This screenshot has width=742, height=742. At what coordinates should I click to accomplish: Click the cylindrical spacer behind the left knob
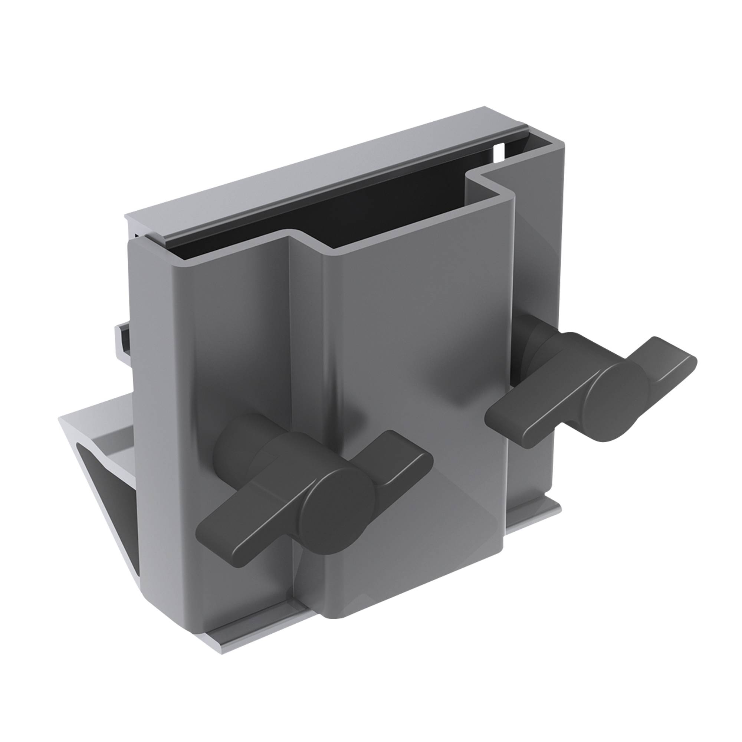(234, 441)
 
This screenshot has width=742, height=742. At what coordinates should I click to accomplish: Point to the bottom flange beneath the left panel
(246, 630)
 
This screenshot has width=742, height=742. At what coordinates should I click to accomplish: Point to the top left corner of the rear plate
(129, 217)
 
